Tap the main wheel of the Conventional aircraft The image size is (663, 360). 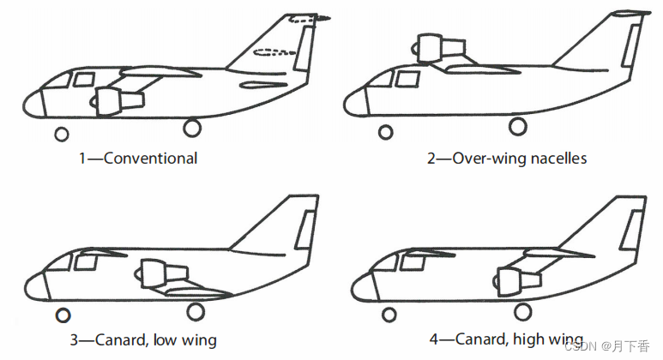[x=191, y=128]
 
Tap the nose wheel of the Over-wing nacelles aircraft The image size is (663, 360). [x=385, y=132]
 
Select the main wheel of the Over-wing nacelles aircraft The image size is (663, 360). [x=516, y=127]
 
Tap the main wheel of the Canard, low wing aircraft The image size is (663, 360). [x=196, y=311]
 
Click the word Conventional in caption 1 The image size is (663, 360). [x=150, y=158]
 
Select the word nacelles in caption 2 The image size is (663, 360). [x=558, y=158]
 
